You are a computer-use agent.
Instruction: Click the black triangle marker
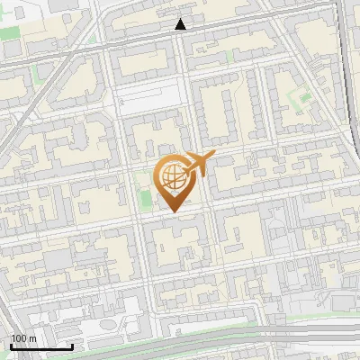(x=181, y=24)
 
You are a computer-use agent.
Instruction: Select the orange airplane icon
(x=199, y=163)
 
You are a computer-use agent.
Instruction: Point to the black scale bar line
(x=41, y=346)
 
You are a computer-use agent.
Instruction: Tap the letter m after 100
(x=33, y=339)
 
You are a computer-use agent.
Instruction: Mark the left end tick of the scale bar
(x=11, y=346)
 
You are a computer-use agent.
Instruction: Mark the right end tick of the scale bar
(x=73, y=346)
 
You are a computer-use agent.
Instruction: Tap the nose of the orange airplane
(x=214, y=157)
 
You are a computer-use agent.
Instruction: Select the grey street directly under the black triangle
(x=182, y=40)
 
